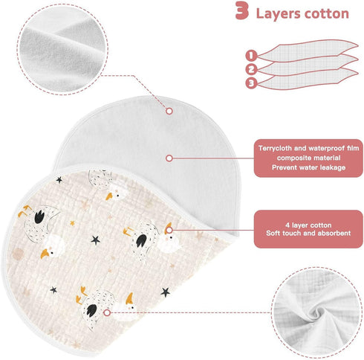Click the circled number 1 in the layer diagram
[251, 55]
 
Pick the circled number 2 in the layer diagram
[251, 69]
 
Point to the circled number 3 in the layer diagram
[251, 83]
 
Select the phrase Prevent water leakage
[308, 167]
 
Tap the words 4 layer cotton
[308, 225]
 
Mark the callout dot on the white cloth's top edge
[169, 111]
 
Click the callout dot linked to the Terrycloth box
[169, 158]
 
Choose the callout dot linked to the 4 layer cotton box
[169, 230]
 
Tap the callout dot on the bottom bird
[107, 312]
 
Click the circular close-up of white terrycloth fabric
[62, 49]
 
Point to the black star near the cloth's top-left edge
[59, 180]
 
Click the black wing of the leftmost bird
[39, 216]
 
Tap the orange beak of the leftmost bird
[45, 254]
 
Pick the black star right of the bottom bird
[165, 292]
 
